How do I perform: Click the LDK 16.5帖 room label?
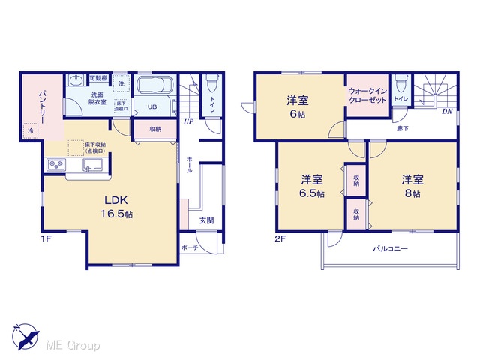[117, 207]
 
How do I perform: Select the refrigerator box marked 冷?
[31, 130]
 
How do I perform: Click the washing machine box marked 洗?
[121, 83]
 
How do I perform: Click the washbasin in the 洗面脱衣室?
[75, 81]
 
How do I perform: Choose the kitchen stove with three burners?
[56, 165]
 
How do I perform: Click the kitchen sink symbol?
[93, 165]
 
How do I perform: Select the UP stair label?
[188, 121]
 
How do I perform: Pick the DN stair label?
[447, 112]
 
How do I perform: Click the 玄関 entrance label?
[207, 220]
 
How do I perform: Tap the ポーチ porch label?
[190, 247]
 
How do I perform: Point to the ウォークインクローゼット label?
[367, 95]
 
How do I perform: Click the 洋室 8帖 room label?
[412, 186]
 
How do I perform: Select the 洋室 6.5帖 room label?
[312, 186]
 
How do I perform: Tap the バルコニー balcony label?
[390, 248]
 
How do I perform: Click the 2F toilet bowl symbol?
[400, 82]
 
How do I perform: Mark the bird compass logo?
[25, 336]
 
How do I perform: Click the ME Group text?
[73, 346]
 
